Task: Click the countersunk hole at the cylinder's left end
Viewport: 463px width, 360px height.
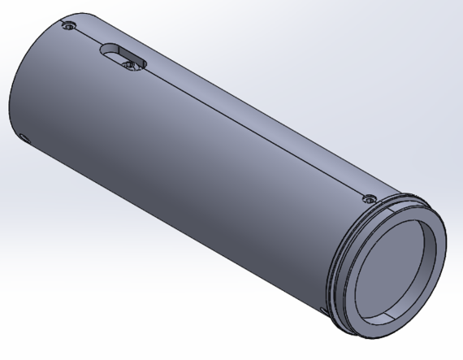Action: click(x=69, y=26)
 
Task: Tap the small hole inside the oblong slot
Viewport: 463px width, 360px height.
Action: click(x=128, y=62)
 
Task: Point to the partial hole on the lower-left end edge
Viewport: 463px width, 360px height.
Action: click(x=22, y=137)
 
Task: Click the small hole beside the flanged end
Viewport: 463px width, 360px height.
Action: click(x=370, y=197)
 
